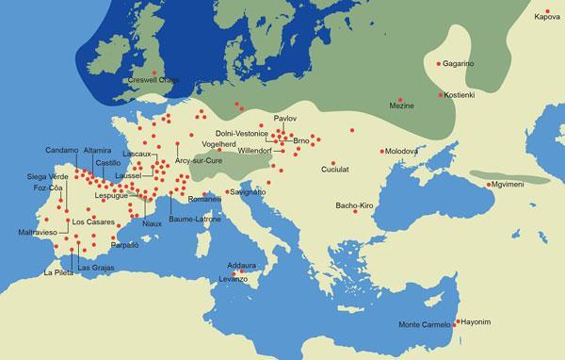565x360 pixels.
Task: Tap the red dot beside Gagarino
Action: [x=438, y=64]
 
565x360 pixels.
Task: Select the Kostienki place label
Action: [x=463, y=96]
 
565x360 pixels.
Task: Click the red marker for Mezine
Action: [x=400, y=99]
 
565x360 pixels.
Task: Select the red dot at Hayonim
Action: [x=457, y=322]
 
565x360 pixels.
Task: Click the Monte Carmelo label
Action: [x=424, y=326]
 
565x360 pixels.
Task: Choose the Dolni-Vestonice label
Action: [x=242, y=134]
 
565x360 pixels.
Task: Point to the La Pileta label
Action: [x=58, y=272]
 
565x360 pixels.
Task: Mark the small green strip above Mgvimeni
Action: [x=508, y=176]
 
